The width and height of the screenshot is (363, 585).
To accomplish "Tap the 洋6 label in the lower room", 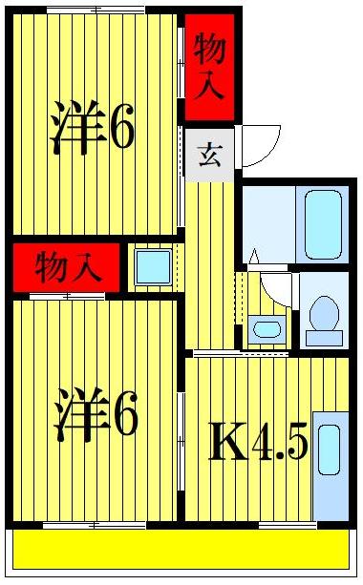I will tap(96, 412).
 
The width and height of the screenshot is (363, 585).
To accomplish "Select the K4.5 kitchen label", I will tap(258, 442).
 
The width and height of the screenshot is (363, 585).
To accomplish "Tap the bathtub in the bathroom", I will tap(324, 223).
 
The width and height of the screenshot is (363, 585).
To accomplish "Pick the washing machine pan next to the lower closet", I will tap(153, 267).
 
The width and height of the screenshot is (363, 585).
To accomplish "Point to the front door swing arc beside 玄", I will tap(260, 145).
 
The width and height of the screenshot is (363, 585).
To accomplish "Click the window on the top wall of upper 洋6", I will tap(96, 9).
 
